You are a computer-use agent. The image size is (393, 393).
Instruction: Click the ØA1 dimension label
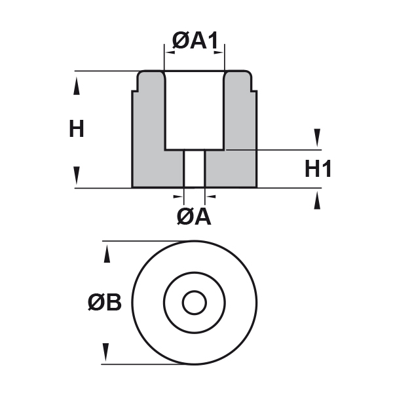195,41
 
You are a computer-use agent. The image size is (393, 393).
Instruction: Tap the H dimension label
77,129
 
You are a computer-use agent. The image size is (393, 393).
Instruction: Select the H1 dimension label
318,169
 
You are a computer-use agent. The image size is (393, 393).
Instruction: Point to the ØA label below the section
194,216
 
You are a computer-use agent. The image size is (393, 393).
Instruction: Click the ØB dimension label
105,303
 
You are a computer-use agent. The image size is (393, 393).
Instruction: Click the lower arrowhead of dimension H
77,175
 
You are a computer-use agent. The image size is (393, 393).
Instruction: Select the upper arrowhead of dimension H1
318,138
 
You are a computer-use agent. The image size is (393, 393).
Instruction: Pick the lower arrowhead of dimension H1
318,200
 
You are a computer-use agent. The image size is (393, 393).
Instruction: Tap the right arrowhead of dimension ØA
211,195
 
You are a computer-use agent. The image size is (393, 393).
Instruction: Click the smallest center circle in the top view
194,303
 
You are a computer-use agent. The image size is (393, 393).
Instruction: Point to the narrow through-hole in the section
195,168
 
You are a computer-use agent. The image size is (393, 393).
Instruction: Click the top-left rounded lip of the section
143,77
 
